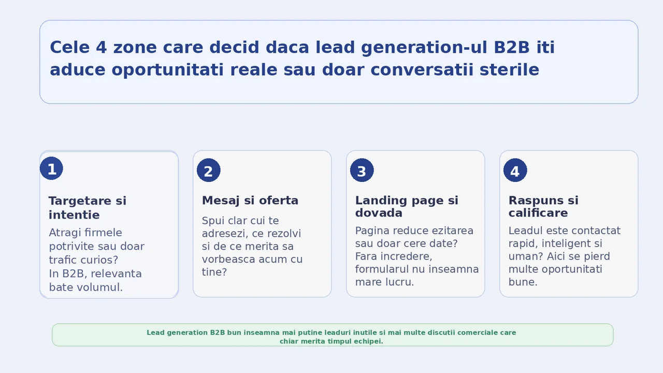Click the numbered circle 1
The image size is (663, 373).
[51, 168]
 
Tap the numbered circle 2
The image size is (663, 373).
[209, 170]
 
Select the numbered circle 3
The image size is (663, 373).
[362, 170]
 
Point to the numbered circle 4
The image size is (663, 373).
[515, 170]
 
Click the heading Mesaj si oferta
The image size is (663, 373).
[250, 200]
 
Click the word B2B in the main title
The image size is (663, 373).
[511, 47]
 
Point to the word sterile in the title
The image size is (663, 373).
[509, 70]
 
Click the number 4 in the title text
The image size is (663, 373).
[101, 47]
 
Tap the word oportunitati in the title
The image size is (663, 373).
[167, 70]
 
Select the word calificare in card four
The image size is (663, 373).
[538, 213]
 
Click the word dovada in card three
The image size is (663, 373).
[379, 213]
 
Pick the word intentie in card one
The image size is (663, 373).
[74, 215]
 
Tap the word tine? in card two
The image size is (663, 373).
[214, 272]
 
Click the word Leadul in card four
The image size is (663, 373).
[526, 231]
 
